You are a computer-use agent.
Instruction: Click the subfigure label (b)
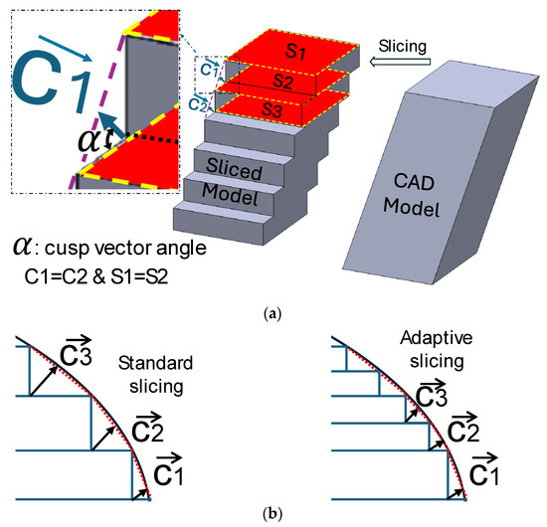(x=273, y=516)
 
